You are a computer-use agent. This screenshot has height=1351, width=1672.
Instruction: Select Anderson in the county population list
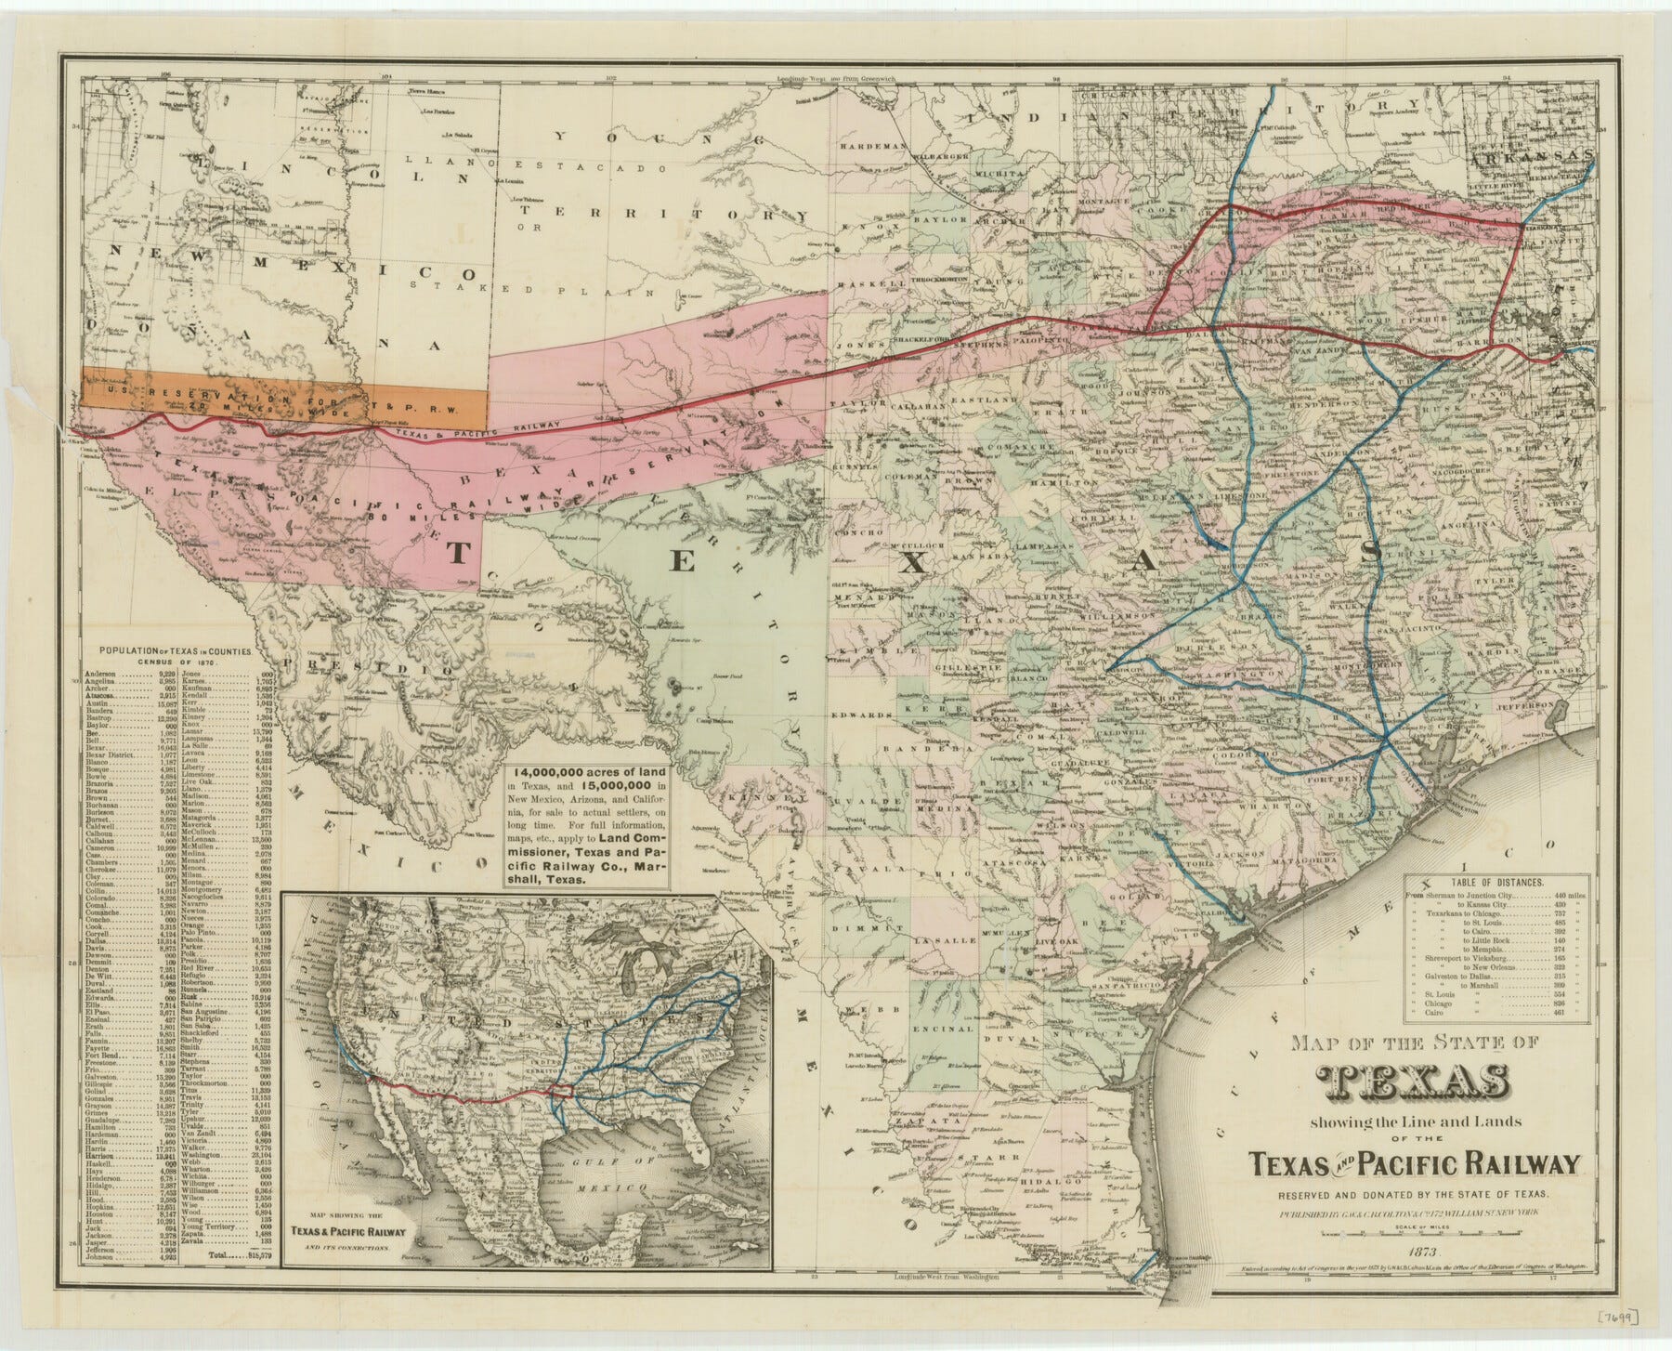99,673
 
